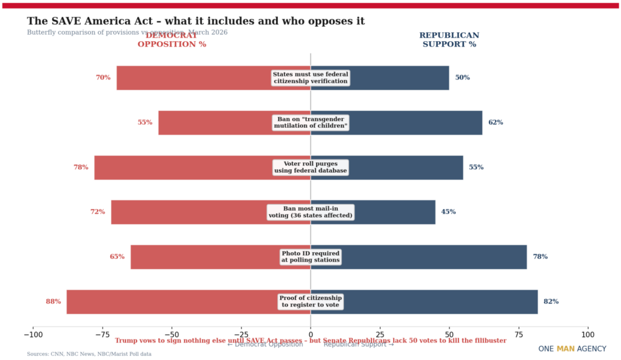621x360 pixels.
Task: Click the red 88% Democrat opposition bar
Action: (170, 302)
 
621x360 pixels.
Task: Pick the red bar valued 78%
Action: (182, 167)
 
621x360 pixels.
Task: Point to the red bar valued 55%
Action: (212, 122)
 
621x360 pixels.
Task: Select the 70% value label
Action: (103, 78)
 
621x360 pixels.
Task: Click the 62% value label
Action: (495, 122)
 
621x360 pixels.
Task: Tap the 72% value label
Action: (98, 212)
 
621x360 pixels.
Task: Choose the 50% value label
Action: (463, 78)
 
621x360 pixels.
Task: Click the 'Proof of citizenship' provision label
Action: (310, 302)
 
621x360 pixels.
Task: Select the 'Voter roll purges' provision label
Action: (310, 167)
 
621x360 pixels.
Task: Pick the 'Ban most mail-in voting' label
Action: (310, 212)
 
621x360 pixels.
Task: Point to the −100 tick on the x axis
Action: (33, 334)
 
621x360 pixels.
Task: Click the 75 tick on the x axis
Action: (519, 334)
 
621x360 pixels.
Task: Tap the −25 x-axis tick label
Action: (241, 334)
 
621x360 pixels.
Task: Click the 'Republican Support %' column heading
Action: (449, 39)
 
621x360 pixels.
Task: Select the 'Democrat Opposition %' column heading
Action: (172, 39)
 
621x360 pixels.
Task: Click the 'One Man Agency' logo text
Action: (572, 349)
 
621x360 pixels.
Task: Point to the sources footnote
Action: (89, 354)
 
